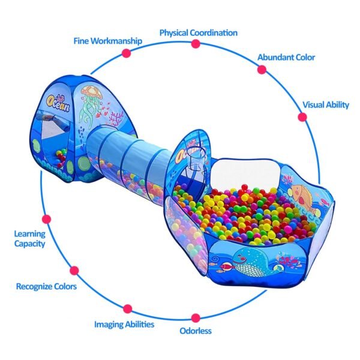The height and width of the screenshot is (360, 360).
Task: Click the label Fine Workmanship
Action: [108, 41]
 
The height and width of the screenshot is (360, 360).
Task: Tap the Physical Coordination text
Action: [198, 32]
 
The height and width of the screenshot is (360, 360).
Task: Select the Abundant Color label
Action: [286, 58]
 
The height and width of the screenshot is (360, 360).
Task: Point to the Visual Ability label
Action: [325, 104]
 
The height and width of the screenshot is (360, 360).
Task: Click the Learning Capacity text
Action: [29, 239]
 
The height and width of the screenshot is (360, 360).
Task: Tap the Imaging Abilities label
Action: [124, 324]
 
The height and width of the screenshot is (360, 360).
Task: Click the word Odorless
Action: [196, 330]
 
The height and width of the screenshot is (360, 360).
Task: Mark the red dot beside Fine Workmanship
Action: [127, 53]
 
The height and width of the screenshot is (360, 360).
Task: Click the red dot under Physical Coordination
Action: [195, 44]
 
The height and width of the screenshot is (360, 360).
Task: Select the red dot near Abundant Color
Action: [262, 70]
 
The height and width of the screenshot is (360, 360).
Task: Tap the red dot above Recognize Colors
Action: [74, 270]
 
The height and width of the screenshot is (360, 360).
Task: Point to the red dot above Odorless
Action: [196, 317]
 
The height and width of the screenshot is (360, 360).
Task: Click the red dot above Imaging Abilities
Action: [127, 309]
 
